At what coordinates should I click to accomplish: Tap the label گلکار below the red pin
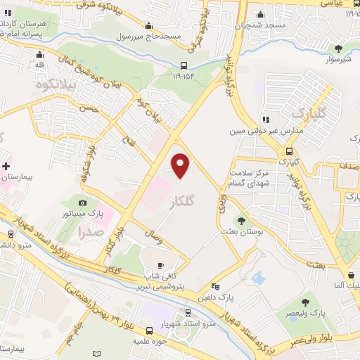coord(183,201)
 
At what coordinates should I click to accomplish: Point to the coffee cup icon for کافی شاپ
coord(160,265)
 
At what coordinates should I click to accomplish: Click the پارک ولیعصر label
coord(304,313)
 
